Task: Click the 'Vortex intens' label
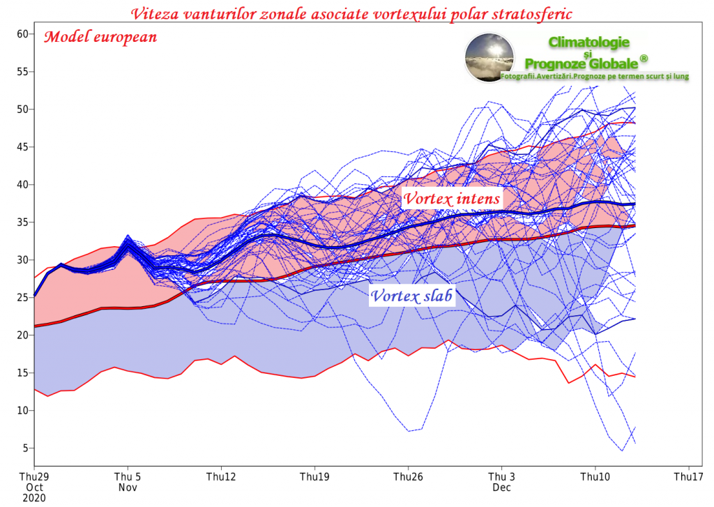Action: coord(452,199)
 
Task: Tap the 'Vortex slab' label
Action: coord(411,296)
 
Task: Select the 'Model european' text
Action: coord(100,38)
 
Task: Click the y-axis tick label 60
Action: coord(22,33)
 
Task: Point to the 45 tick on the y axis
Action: coord(22,146)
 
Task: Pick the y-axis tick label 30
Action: coord(22,259)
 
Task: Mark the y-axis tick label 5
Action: coord(25,448)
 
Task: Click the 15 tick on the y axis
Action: coord(22,372)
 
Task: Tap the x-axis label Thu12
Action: coord(221,477)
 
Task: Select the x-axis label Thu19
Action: coord(314,477)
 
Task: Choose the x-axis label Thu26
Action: coord(408,477)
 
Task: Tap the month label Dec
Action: coord(501,487)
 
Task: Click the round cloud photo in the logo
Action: coord(489,57)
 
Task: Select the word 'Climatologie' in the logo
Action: coord(588,43)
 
